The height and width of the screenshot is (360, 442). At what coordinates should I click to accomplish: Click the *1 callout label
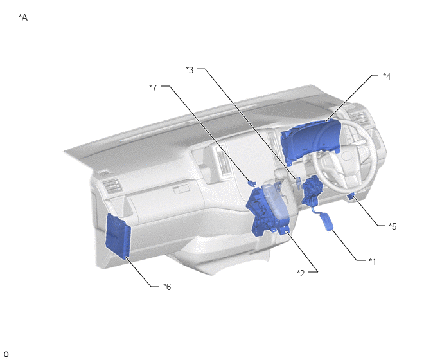tap(373, 262)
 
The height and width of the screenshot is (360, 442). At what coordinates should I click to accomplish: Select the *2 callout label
tap(301, 273)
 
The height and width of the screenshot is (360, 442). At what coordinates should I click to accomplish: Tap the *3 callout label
tap(190, 70)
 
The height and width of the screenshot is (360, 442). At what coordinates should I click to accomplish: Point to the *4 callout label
tap(387, 76)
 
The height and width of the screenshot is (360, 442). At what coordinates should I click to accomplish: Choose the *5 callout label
tap(393, 226)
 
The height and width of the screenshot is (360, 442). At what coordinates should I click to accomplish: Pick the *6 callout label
tap(167, 287)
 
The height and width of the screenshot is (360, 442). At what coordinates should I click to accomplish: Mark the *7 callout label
tap(153, 88)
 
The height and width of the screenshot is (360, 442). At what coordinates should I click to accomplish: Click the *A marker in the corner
tap(23, 17)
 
